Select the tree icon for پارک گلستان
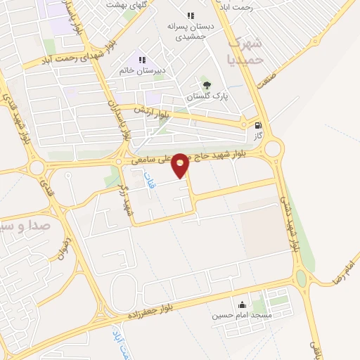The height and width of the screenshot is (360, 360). point(205,86)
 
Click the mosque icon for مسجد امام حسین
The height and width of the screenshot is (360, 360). point(243,305)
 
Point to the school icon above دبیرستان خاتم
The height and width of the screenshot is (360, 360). point(143,60)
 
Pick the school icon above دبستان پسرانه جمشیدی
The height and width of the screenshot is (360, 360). point(190,15)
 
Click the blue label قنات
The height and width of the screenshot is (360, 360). point(149,179)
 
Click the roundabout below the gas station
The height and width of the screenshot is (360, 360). point(273,148)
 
